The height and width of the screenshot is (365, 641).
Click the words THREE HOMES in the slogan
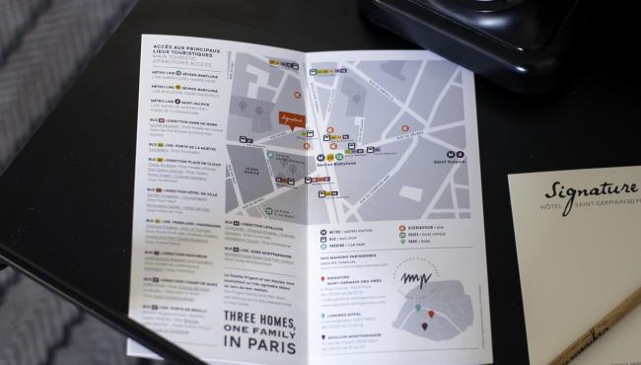point(251,318)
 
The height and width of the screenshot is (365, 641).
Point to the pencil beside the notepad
point(597,331)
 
